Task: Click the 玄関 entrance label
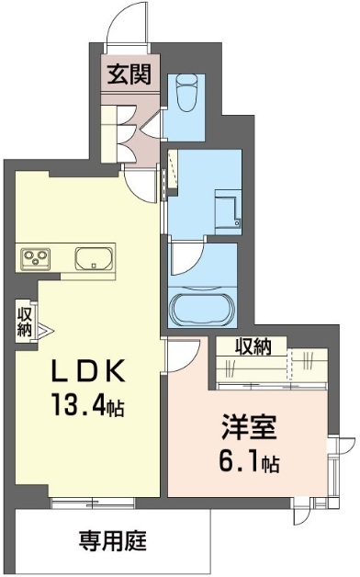[x=129, y=74]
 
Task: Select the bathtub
[x=203, y=307]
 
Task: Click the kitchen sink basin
[x=94, y=258]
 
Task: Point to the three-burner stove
[x=36, y=255]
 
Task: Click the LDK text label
[x=88, y=371]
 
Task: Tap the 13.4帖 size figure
[x=87, y=404]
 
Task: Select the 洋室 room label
[x=249, y=427]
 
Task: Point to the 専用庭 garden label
[x=113, y=540]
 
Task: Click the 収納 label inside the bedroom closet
[x=253, y=346]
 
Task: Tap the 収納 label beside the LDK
[x=25, y=322]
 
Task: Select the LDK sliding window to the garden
[x=93, y=502]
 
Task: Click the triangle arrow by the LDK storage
[x=44, y=331]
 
